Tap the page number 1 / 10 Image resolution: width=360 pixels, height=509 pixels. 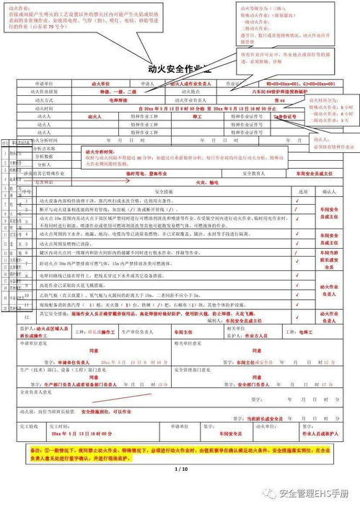pyautogui.click(x=180, y=469)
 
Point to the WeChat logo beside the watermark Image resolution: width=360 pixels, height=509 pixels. pyautogui.click(x=269, y=495)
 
